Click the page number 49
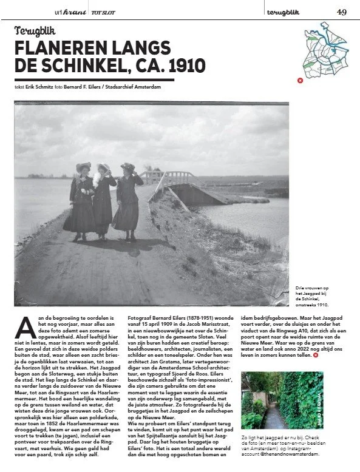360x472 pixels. point(342,12)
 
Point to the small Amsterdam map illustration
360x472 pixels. point(321,49)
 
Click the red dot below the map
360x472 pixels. point(299,79)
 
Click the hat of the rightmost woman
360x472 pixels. point(128,166)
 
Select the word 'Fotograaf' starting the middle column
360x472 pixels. point(138,317)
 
